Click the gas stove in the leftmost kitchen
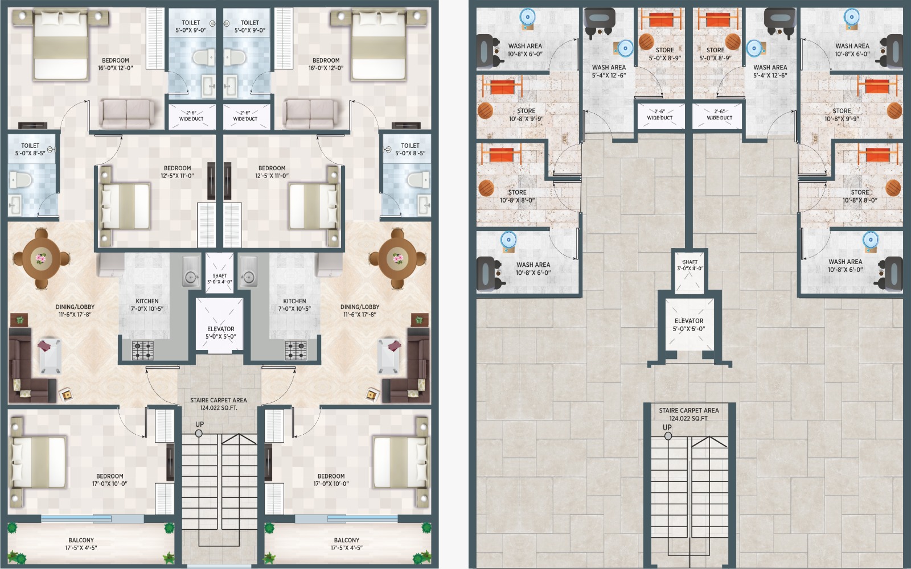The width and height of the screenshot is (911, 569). pos(143,351)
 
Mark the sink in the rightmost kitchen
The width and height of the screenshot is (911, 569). pos(248,271)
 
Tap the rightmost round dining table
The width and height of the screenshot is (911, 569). pos(397,258)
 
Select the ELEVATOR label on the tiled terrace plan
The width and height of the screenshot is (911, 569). pos(689,321)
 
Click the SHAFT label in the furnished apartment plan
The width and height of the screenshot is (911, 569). pos(220,275)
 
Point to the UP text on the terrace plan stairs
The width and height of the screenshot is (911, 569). pos(667,427)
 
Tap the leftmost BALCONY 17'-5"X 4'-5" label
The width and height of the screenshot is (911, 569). pos(81,544)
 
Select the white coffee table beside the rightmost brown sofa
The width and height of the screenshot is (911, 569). pos(388,355)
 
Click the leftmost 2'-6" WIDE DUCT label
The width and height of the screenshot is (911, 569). pos(191,116)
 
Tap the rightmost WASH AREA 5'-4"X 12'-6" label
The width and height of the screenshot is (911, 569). pos(770,71)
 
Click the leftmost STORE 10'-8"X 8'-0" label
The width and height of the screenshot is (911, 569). pos(518,196)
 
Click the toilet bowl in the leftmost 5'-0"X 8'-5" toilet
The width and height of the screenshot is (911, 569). pos(20,180)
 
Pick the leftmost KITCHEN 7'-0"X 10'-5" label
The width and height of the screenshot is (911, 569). pos(147,305)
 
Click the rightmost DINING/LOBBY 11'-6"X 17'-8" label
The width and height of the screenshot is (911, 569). pos(359,311)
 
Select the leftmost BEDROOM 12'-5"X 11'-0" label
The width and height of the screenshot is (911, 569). pos(177,171)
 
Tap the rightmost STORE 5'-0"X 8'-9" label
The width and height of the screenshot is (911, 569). pos(715,53)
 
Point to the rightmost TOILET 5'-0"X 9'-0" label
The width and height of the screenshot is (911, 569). pos(250,26)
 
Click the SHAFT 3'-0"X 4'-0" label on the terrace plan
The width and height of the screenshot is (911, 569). pos(690,265)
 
